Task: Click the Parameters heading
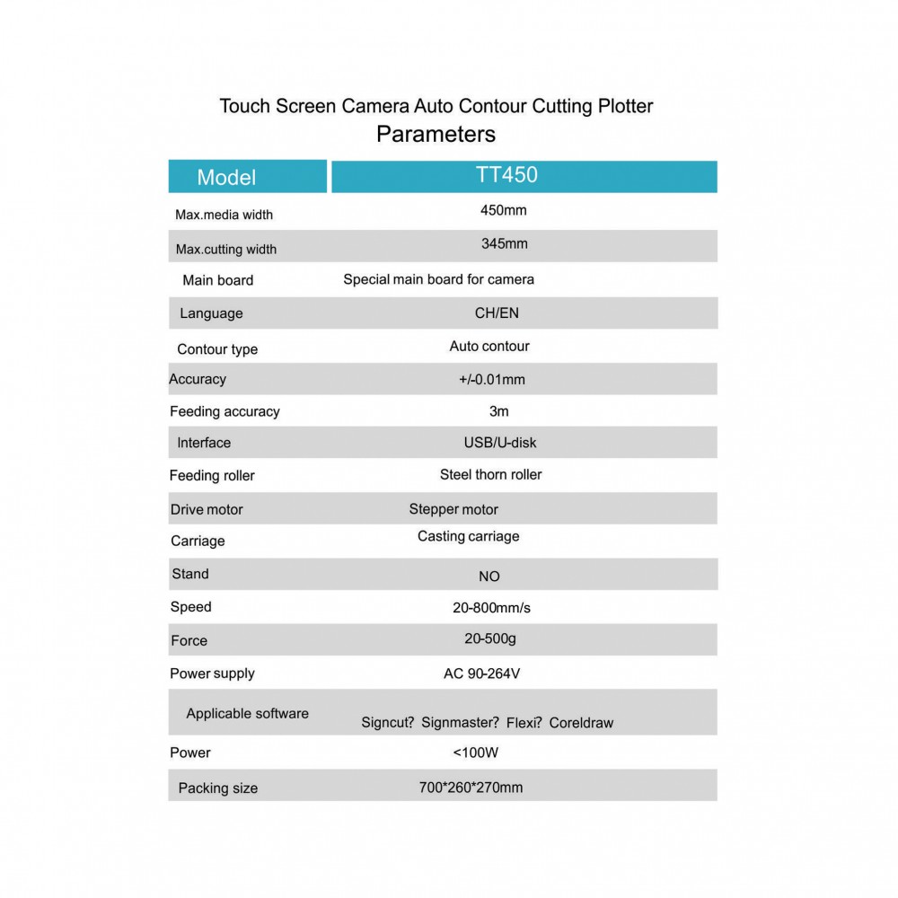(x=436, y=135)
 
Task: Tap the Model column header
(x=226, y=177)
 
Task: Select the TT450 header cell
(x=506, y=174)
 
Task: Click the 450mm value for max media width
(x=503, y=211)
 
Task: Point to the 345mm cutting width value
(x=504, y=243)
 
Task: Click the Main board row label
(x=217, y=280)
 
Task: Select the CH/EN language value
(x=497, y=313)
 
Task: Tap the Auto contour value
(x=489, y=346)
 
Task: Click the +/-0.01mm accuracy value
(x=491, y=379)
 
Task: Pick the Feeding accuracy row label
(x=224, y=411)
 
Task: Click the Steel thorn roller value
(x=490, y=474)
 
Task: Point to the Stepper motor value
(x=453, y=509)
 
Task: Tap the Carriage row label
(x=198, y=541)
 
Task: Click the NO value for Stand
(x=489, y=577)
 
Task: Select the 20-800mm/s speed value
(x=491, y=608)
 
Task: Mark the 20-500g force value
(x=490, y=638)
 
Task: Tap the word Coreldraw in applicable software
(x=581, y=723)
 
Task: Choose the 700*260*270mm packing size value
(x=471, y=788)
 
